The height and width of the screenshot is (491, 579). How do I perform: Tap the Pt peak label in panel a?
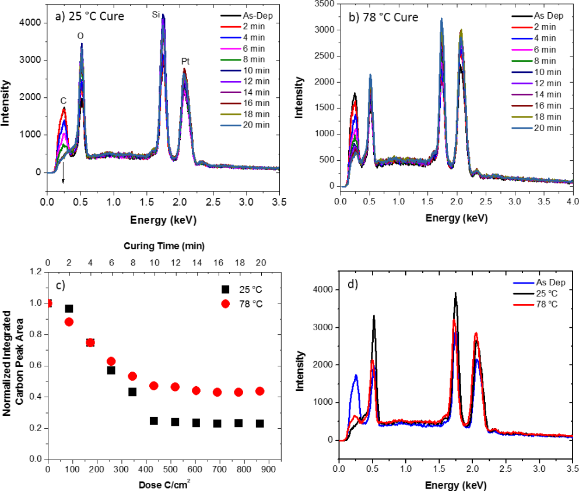pyautogui.click(x=185, y=61)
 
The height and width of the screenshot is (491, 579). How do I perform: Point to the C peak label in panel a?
pyautogui.click(x=64, y=101)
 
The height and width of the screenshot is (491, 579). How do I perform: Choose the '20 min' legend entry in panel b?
pyautogui.click(x=546, y=128)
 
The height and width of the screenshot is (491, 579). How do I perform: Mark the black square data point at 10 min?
pyautogui.click(x=154, y=421)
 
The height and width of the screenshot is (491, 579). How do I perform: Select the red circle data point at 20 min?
pyautogui.click(x=259, y=391)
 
